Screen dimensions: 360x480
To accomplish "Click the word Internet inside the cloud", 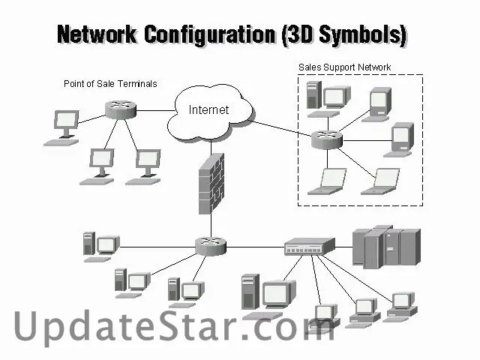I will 208,110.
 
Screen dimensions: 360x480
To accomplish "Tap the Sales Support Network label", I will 344,67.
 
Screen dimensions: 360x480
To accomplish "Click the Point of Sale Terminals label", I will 110,84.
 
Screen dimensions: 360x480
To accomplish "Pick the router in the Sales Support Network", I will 326,138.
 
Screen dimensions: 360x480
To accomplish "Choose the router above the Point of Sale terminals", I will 120,109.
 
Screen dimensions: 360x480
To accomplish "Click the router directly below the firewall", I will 210,244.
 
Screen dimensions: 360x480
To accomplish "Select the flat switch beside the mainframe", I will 308,247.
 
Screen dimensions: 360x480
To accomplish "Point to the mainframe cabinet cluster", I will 386,246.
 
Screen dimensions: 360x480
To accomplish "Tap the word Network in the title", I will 97,34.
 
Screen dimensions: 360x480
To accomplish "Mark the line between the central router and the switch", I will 255,246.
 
